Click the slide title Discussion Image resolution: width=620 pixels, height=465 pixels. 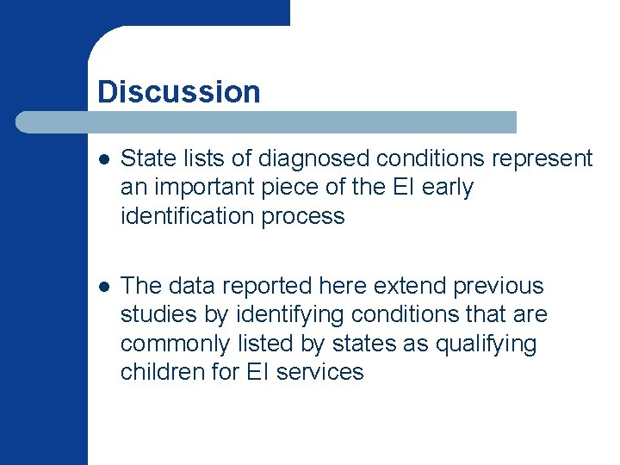click(x=179, y=91)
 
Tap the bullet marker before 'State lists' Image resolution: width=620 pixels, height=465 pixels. click(x=103, y=159)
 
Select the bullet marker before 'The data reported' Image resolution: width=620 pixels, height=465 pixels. click(x=103, y=287)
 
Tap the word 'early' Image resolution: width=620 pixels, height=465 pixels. click(x=445, y=188)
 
